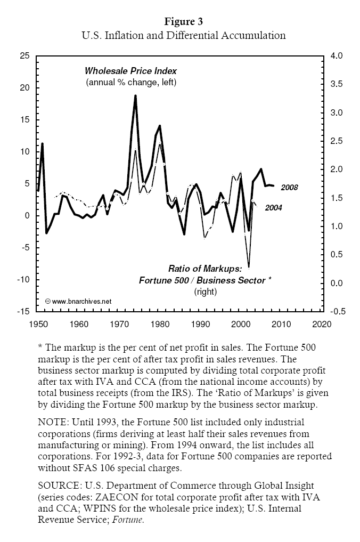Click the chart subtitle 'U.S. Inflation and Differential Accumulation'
pyautogui.click(x=183, y=36)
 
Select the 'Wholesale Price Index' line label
pyautogui.click(x=131, y=70)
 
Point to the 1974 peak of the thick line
pyautogui.click(x=135, y=96)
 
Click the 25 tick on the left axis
pyautogui.click(x=24, y=56)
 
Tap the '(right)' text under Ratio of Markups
pyautogui.click(x=205, y=291)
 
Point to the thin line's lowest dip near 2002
pyautogui.click(x=249, y=266)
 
